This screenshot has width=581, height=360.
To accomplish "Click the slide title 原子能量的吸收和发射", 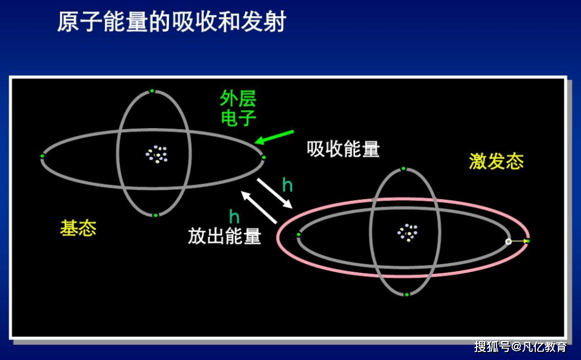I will tap(172, 23).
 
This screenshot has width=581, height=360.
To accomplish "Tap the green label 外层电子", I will tap(238, 108).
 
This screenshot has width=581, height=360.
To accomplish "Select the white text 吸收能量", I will tap(343, 149).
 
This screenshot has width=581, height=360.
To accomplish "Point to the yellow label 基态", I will tap(78, 228).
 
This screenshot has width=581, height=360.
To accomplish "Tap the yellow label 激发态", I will tap(496, 161).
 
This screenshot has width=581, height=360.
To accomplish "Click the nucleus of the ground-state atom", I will tap(156, 154).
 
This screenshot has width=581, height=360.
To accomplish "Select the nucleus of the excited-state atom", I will tap(408, 232).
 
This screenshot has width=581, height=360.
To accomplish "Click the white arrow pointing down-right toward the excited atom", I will tap(274, 193).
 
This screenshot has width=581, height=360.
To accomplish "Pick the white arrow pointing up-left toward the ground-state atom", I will tap(259, 207).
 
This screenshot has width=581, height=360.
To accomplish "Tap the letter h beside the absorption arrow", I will tap(287, 186).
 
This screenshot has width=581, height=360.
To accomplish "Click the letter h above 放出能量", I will tap(234, 217).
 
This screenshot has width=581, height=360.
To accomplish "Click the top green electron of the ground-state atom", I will tap(152, 91).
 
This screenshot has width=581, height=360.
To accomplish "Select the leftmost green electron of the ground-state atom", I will tap(42, 156).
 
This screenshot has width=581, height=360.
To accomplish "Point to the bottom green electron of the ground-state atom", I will tap(155, 215).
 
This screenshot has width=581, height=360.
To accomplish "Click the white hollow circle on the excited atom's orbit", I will tap(508, 242).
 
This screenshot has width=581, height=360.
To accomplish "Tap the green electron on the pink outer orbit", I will tap(527, 241).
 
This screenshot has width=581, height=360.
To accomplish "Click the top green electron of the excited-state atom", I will tap(403, 168).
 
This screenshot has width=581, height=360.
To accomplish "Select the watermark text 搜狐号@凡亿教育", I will tap(520, 347).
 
